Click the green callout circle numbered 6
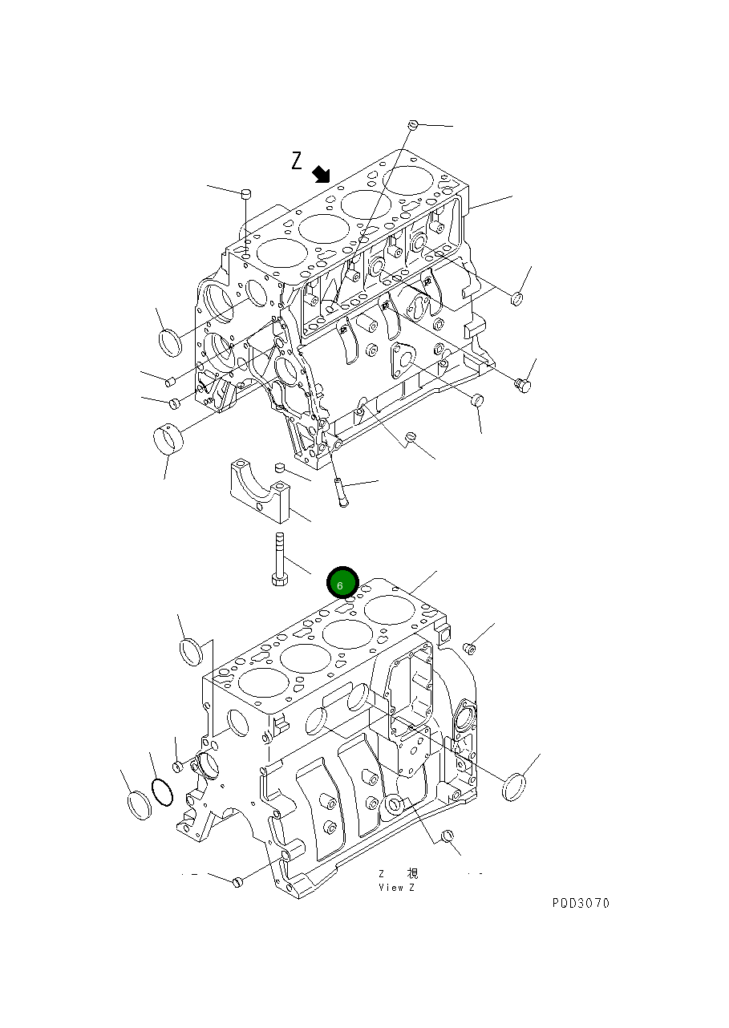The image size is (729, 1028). coord(342,583)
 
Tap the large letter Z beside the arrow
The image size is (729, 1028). coord(297,160)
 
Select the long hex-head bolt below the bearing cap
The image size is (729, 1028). coord(279,559)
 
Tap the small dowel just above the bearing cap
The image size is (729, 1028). coord(280,467)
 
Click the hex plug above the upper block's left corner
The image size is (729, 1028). coord(246,194)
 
